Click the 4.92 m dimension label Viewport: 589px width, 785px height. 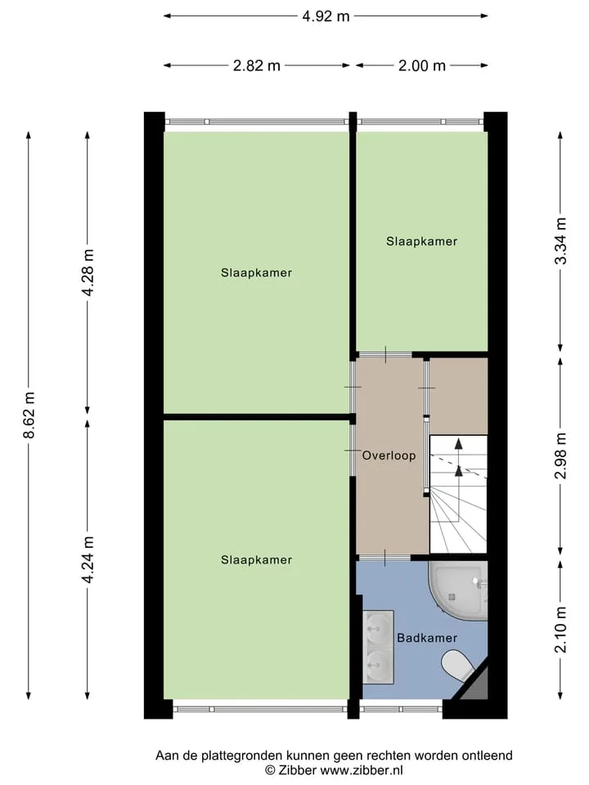[x=326, y=16]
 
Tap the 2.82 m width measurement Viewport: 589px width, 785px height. [x=256, y=65]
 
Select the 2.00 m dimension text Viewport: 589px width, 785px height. [x=422, y=65]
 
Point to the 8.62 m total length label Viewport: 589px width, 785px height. [x=29, y=415]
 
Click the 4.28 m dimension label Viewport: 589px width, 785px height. [x=88, y=273]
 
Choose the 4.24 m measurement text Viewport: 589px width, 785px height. [x=88, y=559]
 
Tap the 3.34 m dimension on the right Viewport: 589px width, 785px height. [x=561, y=241]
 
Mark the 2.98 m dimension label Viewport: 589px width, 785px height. [x=561, y=455]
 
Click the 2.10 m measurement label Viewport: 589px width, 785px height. [x=561, y=630]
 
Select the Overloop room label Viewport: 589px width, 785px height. [x=389, y=455]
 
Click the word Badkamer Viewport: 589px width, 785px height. [x=427, y=638]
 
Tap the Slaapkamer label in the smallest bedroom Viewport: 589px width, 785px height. [x=422, y=241]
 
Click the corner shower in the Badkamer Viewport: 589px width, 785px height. [x=458, y=590]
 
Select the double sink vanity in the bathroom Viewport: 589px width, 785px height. [x=378, y=647]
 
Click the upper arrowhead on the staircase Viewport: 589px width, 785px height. [x=458, y=442]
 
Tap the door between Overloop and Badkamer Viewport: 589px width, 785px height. [x=385, y=557]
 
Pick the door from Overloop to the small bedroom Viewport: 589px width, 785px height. [x=385, y=354]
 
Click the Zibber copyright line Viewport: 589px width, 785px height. [x=334, y=770]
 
